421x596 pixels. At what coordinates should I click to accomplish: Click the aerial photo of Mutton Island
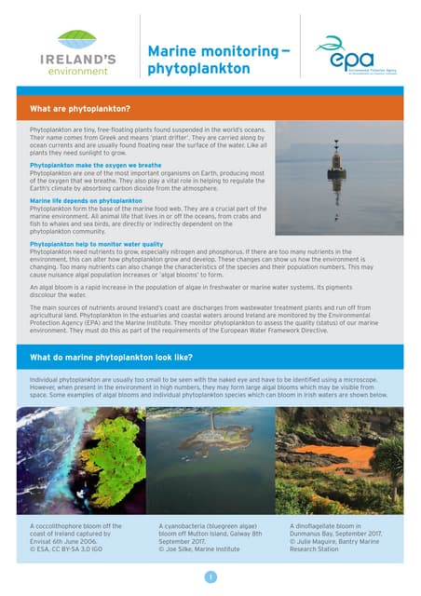pyautogui.click(x=210, y=460)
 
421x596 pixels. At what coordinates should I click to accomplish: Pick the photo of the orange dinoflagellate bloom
pyautogui.click(x=339, y=460)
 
